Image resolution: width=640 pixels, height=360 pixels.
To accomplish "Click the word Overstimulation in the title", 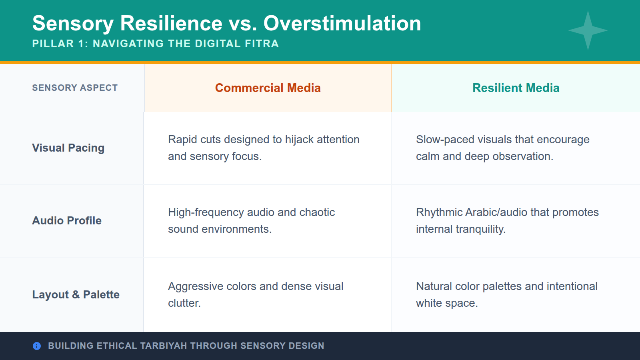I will pos(342,23).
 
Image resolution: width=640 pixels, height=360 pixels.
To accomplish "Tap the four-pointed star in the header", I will pos(588,30).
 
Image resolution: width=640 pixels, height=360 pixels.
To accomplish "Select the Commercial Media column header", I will pos(268,88).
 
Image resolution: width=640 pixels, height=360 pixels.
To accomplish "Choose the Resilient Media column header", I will pos(516,88).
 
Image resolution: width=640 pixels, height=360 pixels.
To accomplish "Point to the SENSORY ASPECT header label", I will pos(75,88).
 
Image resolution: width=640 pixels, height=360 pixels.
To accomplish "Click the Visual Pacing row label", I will pos(68,148).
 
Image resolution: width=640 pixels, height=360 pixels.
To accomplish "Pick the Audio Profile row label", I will pos(67,221).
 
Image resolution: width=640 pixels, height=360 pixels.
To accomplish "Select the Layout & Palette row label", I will pos(76,295).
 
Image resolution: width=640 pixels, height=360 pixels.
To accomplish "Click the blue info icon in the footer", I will pos(37,346).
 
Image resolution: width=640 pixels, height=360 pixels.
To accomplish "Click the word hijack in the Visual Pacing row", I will pos(299,140).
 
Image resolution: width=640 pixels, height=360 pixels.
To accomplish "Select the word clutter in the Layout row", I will pos(183,303).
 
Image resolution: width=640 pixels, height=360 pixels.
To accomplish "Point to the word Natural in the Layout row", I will pos(434,286).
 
